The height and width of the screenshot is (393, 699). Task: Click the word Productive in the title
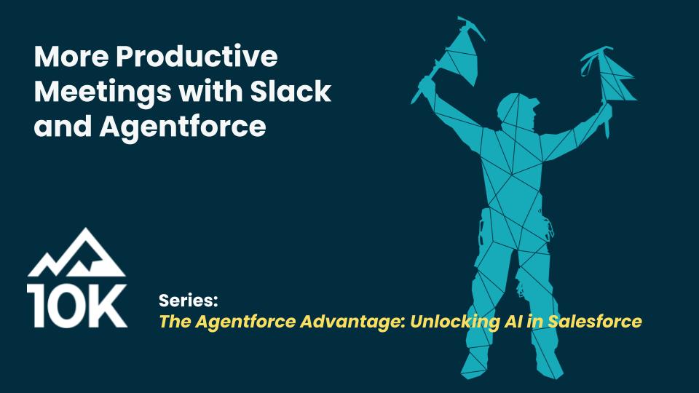coord(197,56)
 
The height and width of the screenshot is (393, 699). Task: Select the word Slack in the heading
coord(291,91)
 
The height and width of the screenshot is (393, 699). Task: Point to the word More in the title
coord(71,56)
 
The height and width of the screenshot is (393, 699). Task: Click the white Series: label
coord(188,301)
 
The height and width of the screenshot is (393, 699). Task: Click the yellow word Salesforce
coord(595,321)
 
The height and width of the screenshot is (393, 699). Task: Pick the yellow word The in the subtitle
coord(175,321)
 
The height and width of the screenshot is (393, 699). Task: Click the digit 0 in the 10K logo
coord(62,306)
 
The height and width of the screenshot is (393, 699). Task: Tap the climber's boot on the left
coord(474,363)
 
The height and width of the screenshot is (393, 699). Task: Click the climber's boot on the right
coord(549,365)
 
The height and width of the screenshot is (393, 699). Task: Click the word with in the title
coord(210,91)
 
